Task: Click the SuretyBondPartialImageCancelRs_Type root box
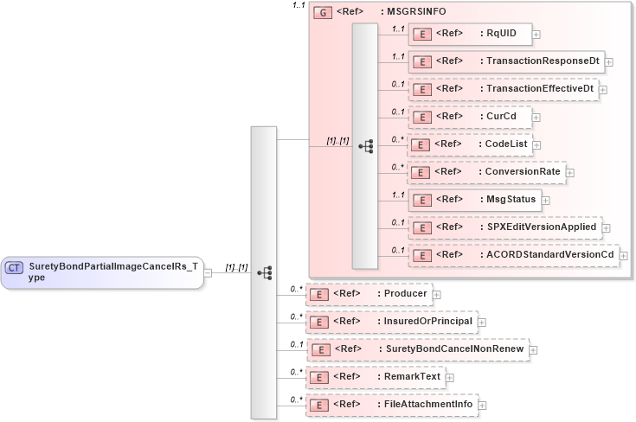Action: click(x=101, y=272)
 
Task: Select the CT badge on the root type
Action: click(x=15, y=268)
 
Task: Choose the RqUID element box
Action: click(x=469, y=34)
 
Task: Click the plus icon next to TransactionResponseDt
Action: click(x=609, y=62)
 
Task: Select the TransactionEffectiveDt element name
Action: click(x=541, y=89)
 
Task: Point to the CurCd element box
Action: click(x=469, y=117)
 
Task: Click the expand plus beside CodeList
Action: click(x=537, y=145)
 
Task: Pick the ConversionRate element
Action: click(x=486, y=172)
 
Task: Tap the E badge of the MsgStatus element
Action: click(x=423, y=200)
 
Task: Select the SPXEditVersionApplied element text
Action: click(x=542, y=227)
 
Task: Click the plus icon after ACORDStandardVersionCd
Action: click(x=623, y=256)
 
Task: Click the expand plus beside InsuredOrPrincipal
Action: click(x=482, y=322)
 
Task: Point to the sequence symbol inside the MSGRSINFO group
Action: click(x=365, y=146)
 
